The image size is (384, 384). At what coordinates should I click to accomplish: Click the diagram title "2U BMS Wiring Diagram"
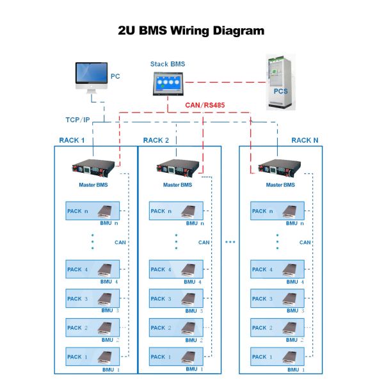[191, 30]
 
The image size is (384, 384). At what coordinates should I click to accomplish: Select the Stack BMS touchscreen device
[168, 84]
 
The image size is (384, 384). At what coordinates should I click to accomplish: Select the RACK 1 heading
[72, 140]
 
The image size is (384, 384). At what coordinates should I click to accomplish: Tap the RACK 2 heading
[156, 140]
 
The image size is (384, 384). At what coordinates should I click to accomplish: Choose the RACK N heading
[305, 140]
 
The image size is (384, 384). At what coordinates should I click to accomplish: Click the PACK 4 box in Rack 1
[93, 269]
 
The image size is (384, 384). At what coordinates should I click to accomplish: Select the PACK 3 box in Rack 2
[176, 299]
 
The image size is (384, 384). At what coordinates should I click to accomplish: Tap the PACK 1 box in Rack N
[278, 357]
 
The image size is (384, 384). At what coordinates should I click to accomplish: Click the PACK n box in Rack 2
[176, 211]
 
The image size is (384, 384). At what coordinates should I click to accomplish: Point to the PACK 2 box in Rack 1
[93, 328]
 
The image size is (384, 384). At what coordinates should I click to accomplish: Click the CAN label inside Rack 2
[204, 243]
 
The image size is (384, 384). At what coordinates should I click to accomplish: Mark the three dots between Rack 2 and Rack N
[230, 242]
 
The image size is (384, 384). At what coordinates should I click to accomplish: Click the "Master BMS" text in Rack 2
[177, 185]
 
